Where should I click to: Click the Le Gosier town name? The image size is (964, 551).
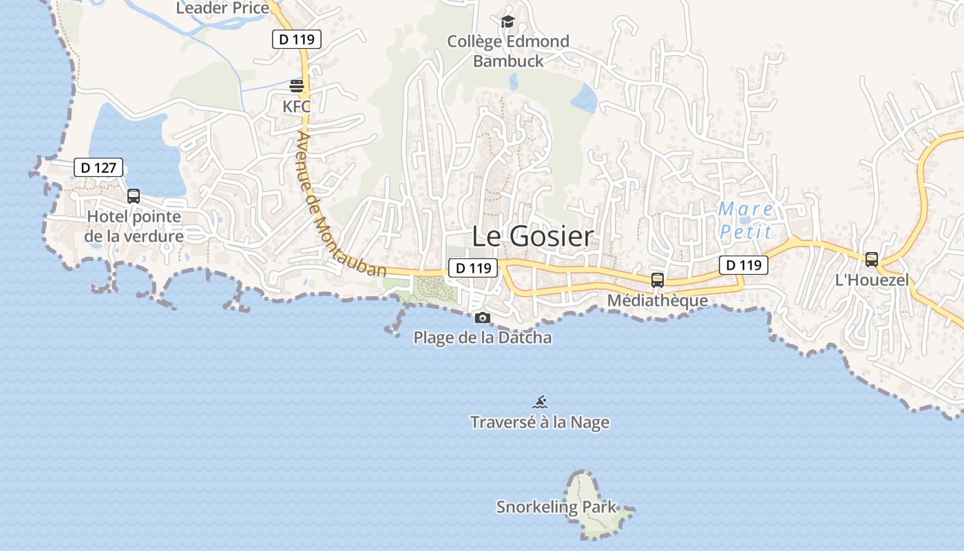tap(532, 236)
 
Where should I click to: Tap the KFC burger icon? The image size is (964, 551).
tap(297, 87)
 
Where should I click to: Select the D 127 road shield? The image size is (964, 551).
tap(98, 167)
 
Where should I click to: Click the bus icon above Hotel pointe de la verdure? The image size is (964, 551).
tap(134, 196)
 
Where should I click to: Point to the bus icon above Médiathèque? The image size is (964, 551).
tap(658, 280)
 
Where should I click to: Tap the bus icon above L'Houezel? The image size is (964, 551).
tap(872, 260)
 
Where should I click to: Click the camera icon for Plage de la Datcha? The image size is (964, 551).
tap(483, 318)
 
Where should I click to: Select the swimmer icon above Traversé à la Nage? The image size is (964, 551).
tap(540, 402)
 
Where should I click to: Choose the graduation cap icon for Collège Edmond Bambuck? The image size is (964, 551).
tap(508, 22)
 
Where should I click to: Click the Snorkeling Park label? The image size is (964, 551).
tap(556, 508)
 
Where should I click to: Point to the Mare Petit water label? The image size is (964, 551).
tap(746, 220)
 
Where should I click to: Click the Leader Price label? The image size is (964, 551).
tap(222, 8)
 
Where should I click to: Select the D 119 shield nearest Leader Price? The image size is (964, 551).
tap(297, 39)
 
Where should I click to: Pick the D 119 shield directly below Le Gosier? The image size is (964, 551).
tap(473, 268)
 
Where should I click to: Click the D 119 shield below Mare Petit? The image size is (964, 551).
tap(744, 264)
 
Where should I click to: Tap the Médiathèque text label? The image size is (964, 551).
tap(658, 301)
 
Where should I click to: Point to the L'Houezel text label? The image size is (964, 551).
tap(872, 280)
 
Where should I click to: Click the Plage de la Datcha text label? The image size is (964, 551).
tap(483, 338)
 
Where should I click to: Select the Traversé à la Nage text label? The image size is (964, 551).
tap(540, 422)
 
